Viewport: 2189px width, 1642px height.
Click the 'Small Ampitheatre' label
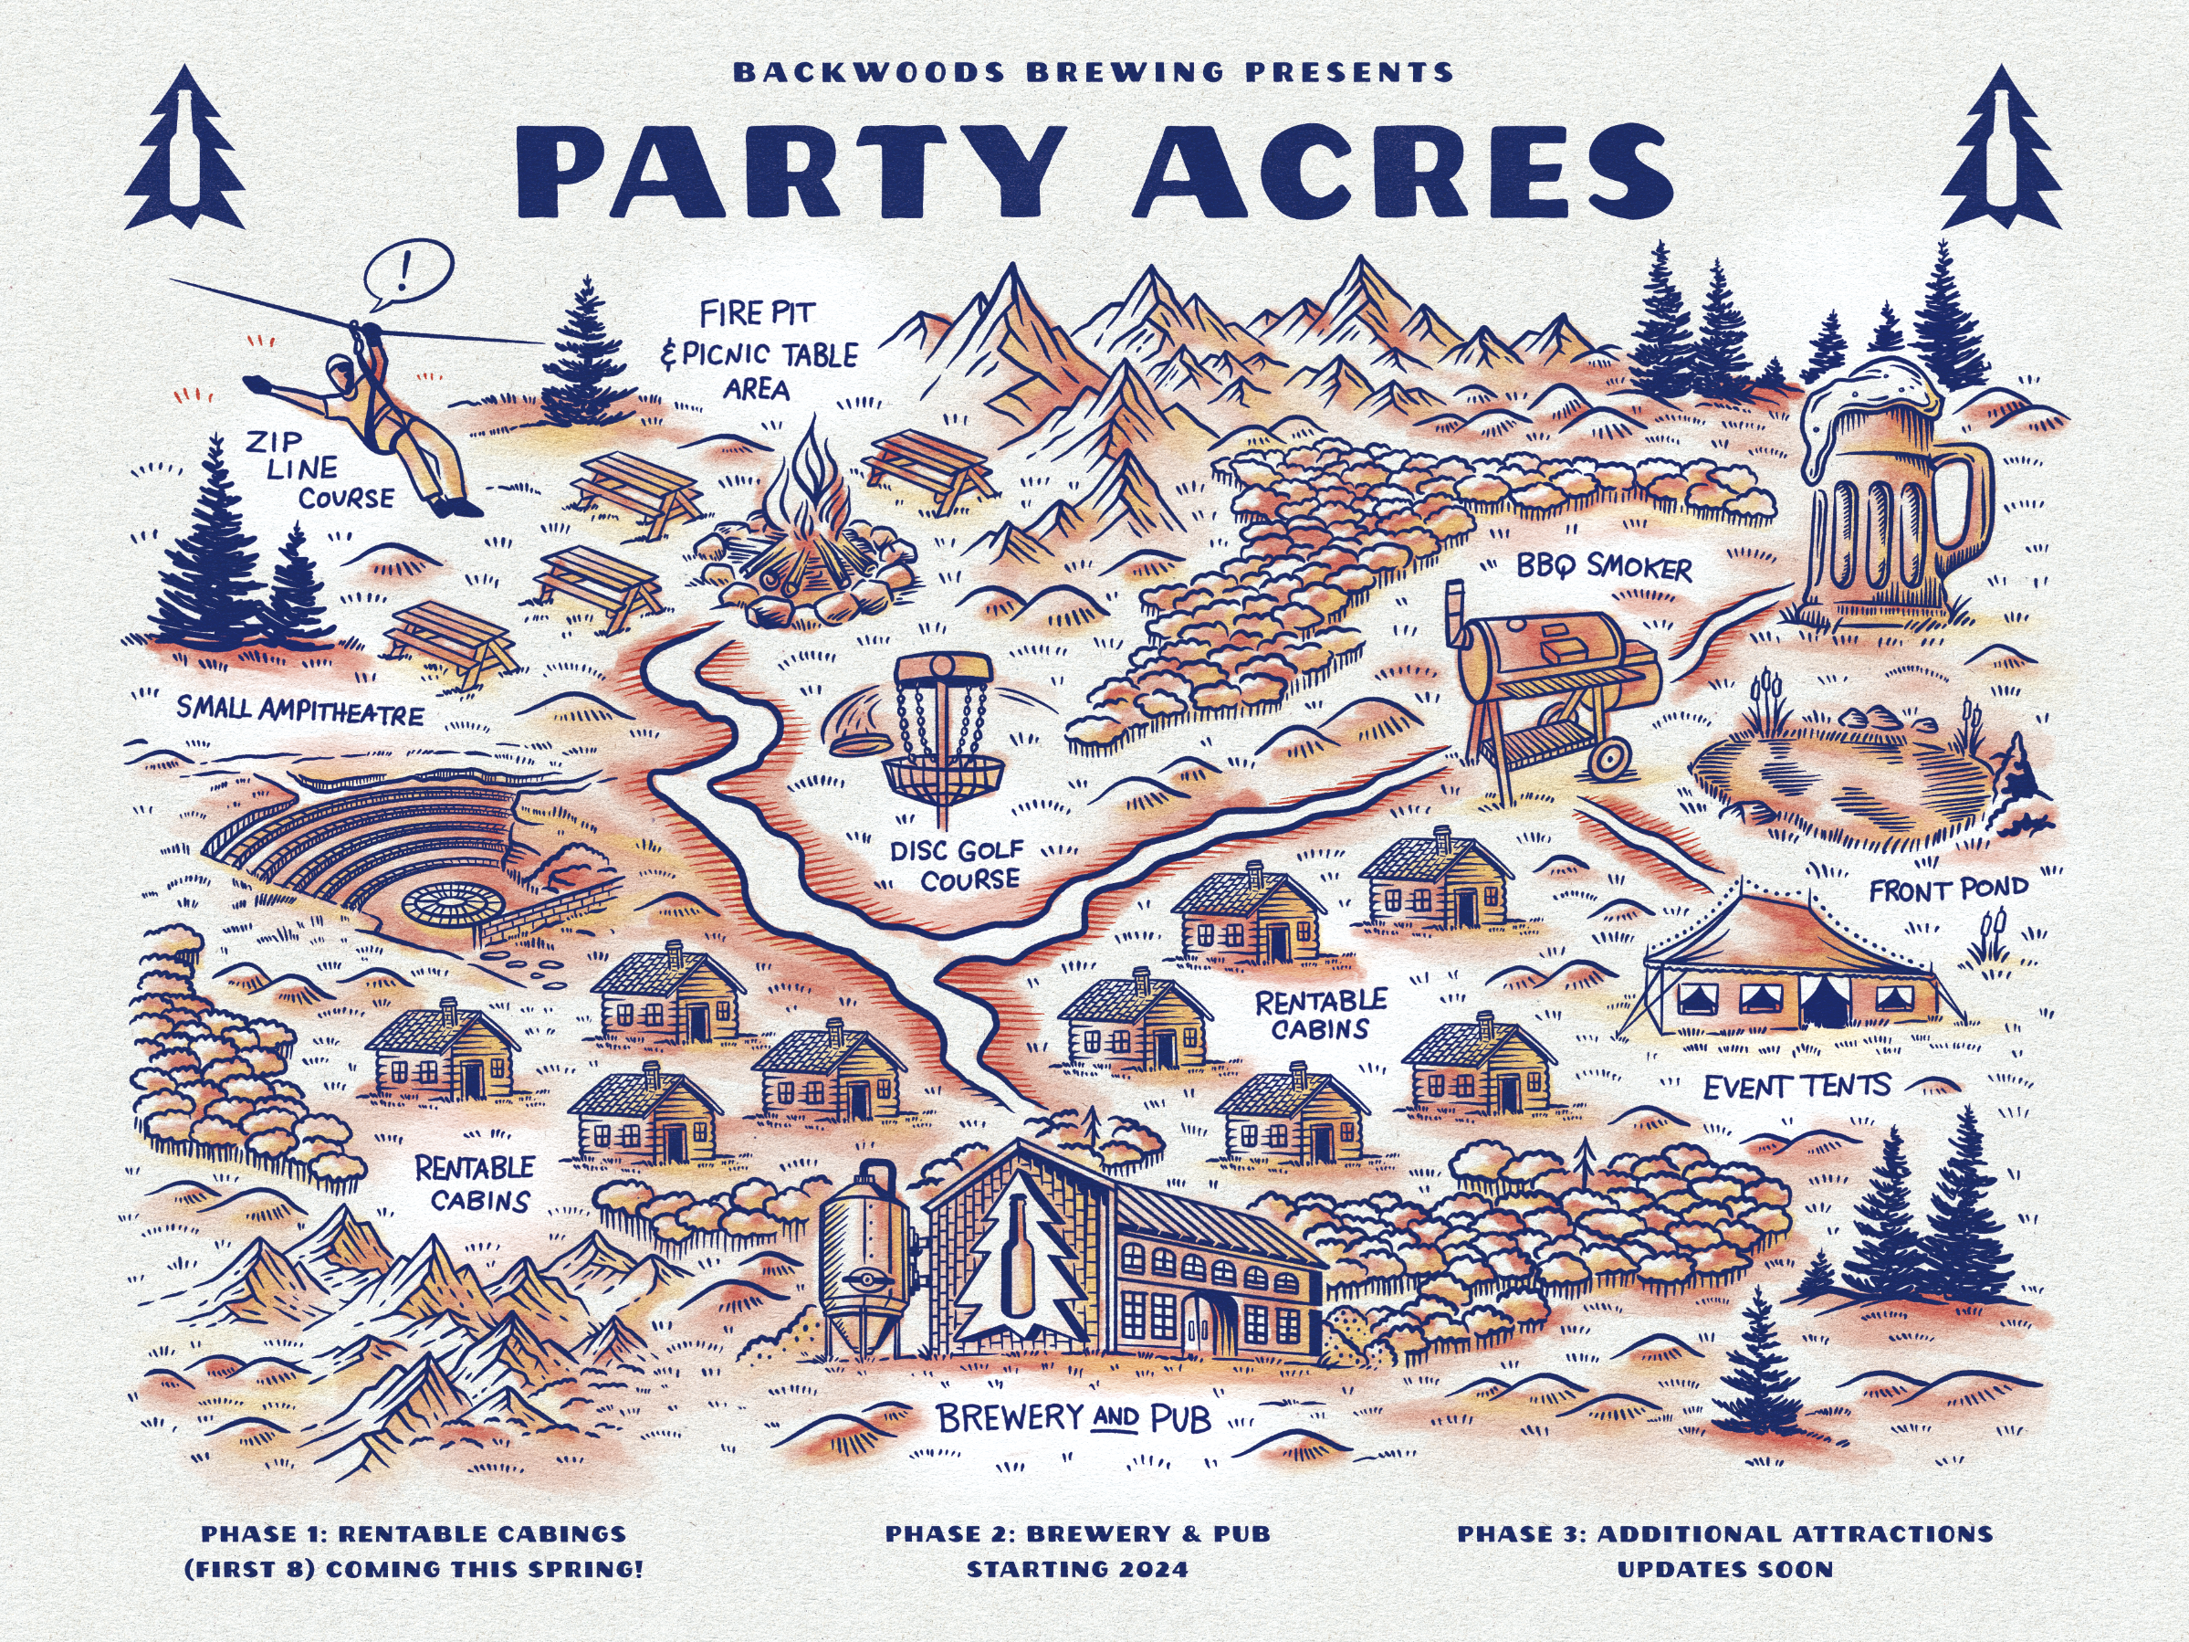coord(299,710)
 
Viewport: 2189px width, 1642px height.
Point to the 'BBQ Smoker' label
coord(1604,567)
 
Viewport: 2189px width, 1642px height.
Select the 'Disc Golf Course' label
coord(957,864)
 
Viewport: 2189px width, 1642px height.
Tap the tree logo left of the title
coord(185,149)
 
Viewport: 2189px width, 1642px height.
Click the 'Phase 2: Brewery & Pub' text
coord(1076,1534)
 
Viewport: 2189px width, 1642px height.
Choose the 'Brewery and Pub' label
coord(1073,1419)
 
